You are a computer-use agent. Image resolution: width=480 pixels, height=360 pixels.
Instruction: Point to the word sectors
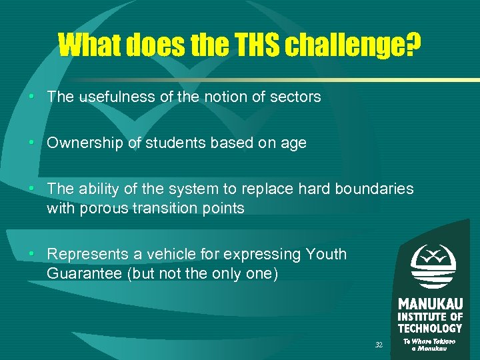point(295,97)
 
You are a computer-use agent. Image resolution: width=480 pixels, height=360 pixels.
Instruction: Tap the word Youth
point(326,254)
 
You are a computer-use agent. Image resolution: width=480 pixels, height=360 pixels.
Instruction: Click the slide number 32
point(379,345)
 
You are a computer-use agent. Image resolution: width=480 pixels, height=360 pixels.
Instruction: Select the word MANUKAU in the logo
point(430,304)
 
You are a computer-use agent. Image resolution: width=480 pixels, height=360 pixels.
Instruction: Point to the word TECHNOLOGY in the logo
point(430,328)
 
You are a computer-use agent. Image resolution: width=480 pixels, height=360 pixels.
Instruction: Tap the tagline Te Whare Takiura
point(430,341)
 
